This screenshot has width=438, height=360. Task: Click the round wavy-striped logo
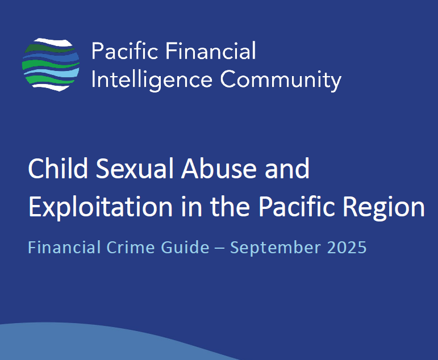point(51,65)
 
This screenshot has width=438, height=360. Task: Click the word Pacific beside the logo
point(124,51)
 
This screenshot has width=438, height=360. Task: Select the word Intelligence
point(152,80)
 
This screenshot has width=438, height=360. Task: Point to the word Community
point(281,80)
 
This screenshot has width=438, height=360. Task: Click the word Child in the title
point(58,168)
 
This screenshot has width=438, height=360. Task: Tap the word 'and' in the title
point(287,169)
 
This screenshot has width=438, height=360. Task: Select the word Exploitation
point(101,207)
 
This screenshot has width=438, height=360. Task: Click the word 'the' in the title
point(230,206)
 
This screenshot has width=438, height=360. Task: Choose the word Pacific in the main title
point(297,206)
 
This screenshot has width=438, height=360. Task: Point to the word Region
point(384,207)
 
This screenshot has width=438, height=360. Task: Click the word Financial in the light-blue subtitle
point(64,247)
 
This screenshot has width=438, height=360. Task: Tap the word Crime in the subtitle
point(131,247)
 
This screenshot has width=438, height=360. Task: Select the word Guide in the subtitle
point(185,247)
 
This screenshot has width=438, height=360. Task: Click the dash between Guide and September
point(220,248)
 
